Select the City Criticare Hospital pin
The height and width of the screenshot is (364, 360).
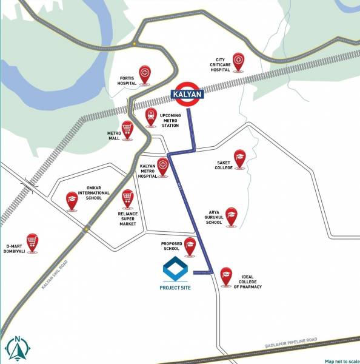pos(239,61)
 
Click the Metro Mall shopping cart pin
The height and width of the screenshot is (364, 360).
pos(127,129)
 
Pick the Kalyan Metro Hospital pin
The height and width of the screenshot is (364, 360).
pos(162,166)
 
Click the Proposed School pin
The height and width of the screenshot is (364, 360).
pos(190,246)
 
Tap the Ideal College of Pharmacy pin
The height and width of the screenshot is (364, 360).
pos(226,275)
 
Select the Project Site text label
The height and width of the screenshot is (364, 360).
pos(175,288)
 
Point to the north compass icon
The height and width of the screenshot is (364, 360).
pos(18,348)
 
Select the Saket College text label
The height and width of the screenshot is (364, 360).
pos(224,165)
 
